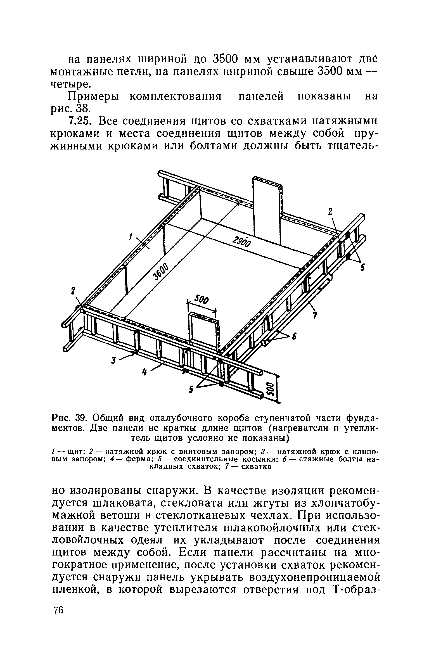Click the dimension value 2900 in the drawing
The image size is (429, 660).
pyautogui.click(x=242, y=239)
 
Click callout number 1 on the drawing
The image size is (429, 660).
pyautogui.click(x=130, y=237)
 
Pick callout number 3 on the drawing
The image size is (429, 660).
pyautogui.click(x=113, y=361)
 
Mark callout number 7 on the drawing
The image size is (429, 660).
pyautogui.click(x=315, y=315)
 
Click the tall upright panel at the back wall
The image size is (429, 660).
pyautogui.click(x=267, y=210)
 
